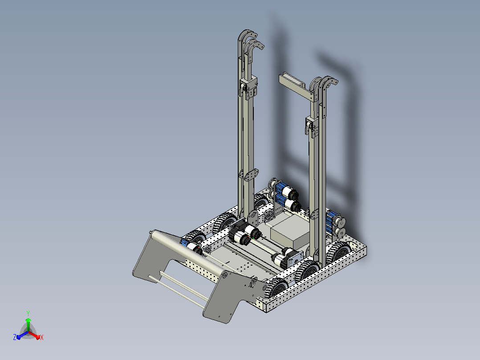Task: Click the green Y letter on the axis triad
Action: [28, 313]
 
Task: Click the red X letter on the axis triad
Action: [42, 337]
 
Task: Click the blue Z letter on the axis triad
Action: [15, 337]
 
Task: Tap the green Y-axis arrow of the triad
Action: [28, 324]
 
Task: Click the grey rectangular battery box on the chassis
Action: [290, 232]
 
